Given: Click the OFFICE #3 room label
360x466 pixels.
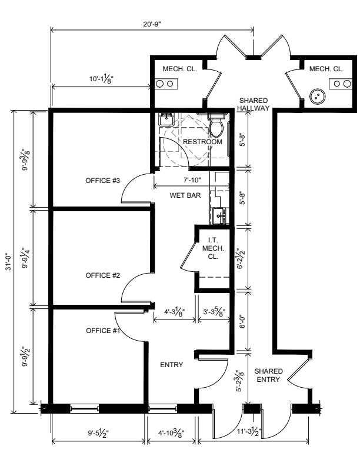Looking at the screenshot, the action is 102,181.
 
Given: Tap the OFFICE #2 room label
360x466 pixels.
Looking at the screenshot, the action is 103,275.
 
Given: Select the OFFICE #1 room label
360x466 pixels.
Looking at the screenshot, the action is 103,331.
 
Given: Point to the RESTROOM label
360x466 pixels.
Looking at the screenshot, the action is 202,142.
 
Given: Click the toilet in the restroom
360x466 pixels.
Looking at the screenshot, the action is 216,125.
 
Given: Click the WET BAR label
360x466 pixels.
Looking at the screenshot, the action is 185,195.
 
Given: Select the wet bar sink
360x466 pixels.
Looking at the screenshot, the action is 221,215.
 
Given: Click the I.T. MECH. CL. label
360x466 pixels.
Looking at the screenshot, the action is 213,248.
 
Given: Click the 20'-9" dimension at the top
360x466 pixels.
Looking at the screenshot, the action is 152,24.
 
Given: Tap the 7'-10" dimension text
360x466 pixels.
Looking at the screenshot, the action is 192,180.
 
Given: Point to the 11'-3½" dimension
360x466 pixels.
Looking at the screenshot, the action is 249,431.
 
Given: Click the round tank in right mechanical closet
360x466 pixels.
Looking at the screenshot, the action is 317,96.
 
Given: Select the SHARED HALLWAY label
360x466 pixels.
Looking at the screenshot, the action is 254,104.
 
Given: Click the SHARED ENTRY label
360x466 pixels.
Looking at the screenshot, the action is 268,375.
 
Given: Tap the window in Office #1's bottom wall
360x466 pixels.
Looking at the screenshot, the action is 85,410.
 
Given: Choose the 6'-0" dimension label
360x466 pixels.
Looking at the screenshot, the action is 242,321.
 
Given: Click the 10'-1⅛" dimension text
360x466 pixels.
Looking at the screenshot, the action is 102,79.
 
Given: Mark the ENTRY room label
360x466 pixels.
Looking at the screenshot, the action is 172,365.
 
